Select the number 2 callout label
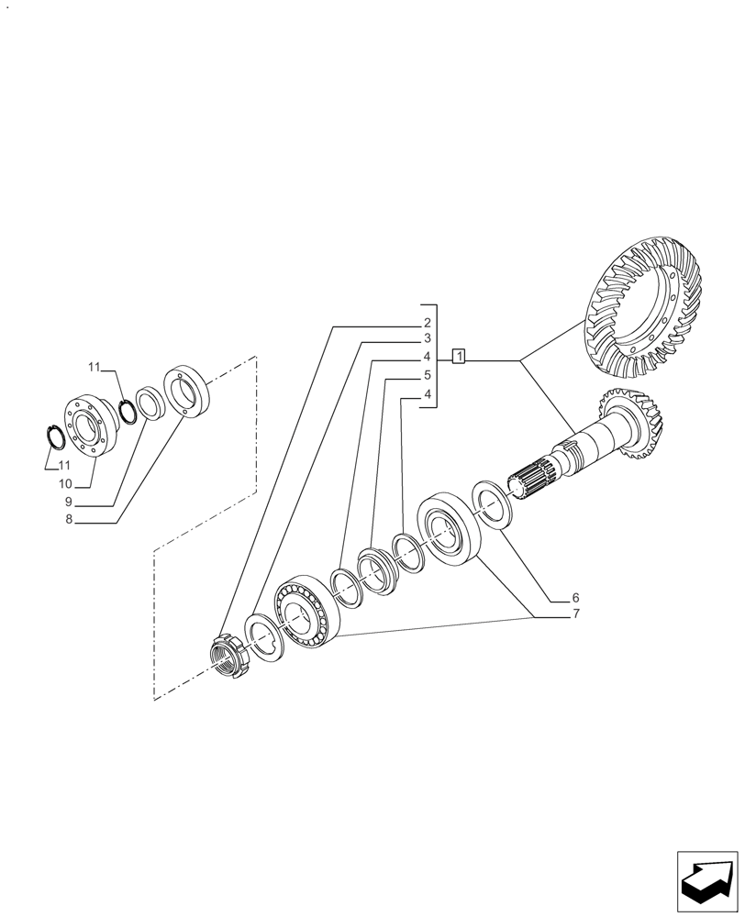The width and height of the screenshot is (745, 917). pyautogui.click(x=428, y=323)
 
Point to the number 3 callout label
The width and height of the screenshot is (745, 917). pyautogui.click(x=428, y=339)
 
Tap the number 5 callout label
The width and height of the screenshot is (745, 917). pyautogui.click(x=428, y=376)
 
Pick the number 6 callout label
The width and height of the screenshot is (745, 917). pyautogui.click(x=575, y=597)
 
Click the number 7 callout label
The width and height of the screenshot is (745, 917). pyautogui.click(x=575, y=613)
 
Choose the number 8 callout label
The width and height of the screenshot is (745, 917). pyautogui.click(x=68, y=519)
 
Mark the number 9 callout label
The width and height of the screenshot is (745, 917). pyautogui.click(x=68, y=502)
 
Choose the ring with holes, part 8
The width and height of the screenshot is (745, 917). pyautogui.click(x=187, y=392)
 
